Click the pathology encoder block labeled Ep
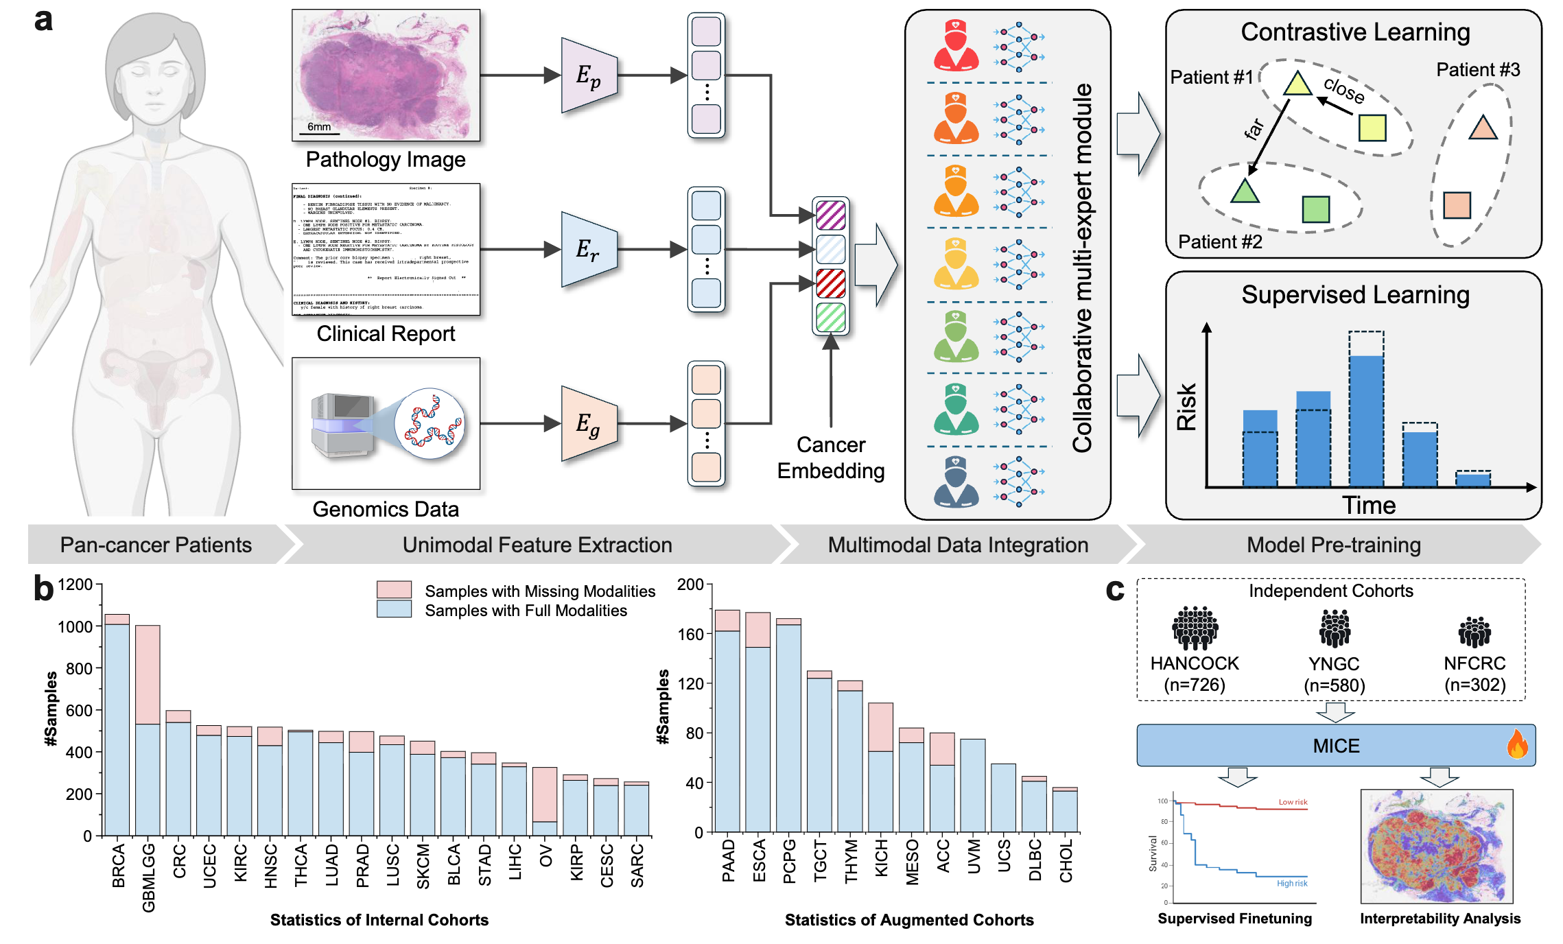(589, 75)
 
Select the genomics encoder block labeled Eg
(589, 424)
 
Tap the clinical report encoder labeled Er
(589, 250)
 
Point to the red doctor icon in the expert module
(956, 46)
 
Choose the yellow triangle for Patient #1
(1297, 84)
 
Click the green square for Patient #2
(1315, 209)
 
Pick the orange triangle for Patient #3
(1483, 128)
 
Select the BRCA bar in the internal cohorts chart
(117, 724)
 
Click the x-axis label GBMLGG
(149, 878)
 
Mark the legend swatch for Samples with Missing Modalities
(394, 590)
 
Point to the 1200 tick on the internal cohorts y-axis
(75, 585)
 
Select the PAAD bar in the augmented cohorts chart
(727, 720)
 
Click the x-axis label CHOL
(1066, 861)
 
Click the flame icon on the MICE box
(1517, 745)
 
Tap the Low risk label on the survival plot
(1293, 802)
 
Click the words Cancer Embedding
(830, 458)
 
